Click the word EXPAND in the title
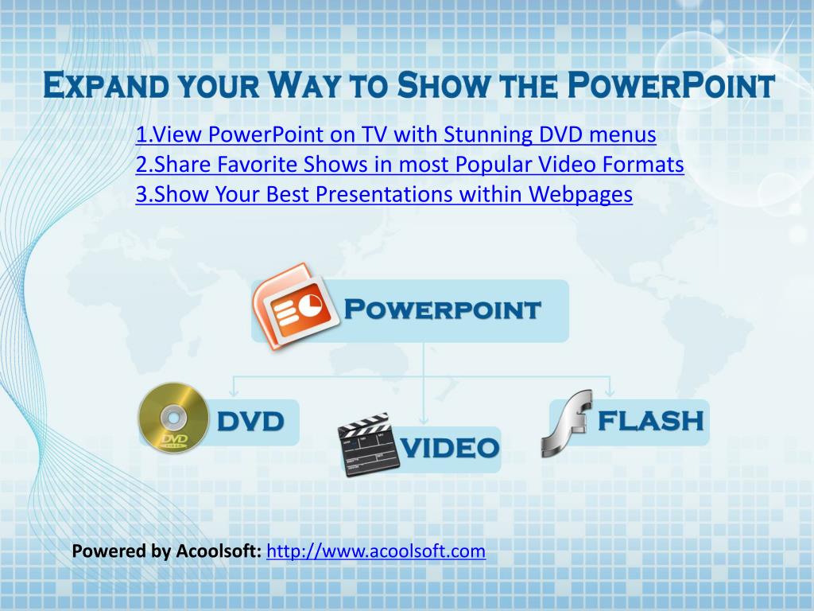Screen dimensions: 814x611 pos(106,86)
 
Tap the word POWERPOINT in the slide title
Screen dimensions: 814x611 pos(671,86)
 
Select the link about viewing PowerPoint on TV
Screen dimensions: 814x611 pos(396,134)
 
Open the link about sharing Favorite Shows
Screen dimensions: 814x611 pos(409,165)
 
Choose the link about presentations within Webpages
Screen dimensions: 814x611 pos(384,195)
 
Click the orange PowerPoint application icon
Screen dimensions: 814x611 pos(295,306)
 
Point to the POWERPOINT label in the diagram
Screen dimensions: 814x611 pos(442,309)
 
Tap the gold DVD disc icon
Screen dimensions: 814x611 pos(173,417)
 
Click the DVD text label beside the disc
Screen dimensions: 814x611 pos(250,422)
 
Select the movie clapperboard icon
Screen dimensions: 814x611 pos(369,444)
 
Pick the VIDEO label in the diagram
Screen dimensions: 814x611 pos(450,448)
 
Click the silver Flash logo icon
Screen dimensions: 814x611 pos(567,423)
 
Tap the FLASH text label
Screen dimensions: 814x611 pos(651,421)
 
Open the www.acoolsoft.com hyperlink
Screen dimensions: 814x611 pos(376,551)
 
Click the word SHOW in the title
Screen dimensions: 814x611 pos(442,86)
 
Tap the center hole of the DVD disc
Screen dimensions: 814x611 pos(173,417)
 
